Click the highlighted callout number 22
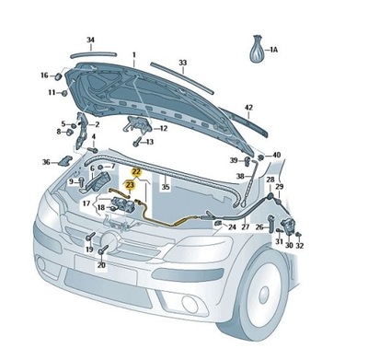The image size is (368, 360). pos(135,172)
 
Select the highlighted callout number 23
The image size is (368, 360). pos(131,184)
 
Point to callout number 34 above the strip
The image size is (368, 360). pos(90,40)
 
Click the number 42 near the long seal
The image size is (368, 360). pos(247,107)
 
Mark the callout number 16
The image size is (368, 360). pos(43,75)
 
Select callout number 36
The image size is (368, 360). pos(46,162)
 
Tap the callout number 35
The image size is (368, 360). pos(166,187)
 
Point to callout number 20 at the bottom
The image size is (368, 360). pos(101,265)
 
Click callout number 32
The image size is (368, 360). pos(299,246)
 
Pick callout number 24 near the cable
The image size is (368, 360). pos(232,226)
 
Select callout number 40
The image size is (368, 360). pos(277,156)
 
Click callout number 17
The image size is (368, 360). pos(85,203)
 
